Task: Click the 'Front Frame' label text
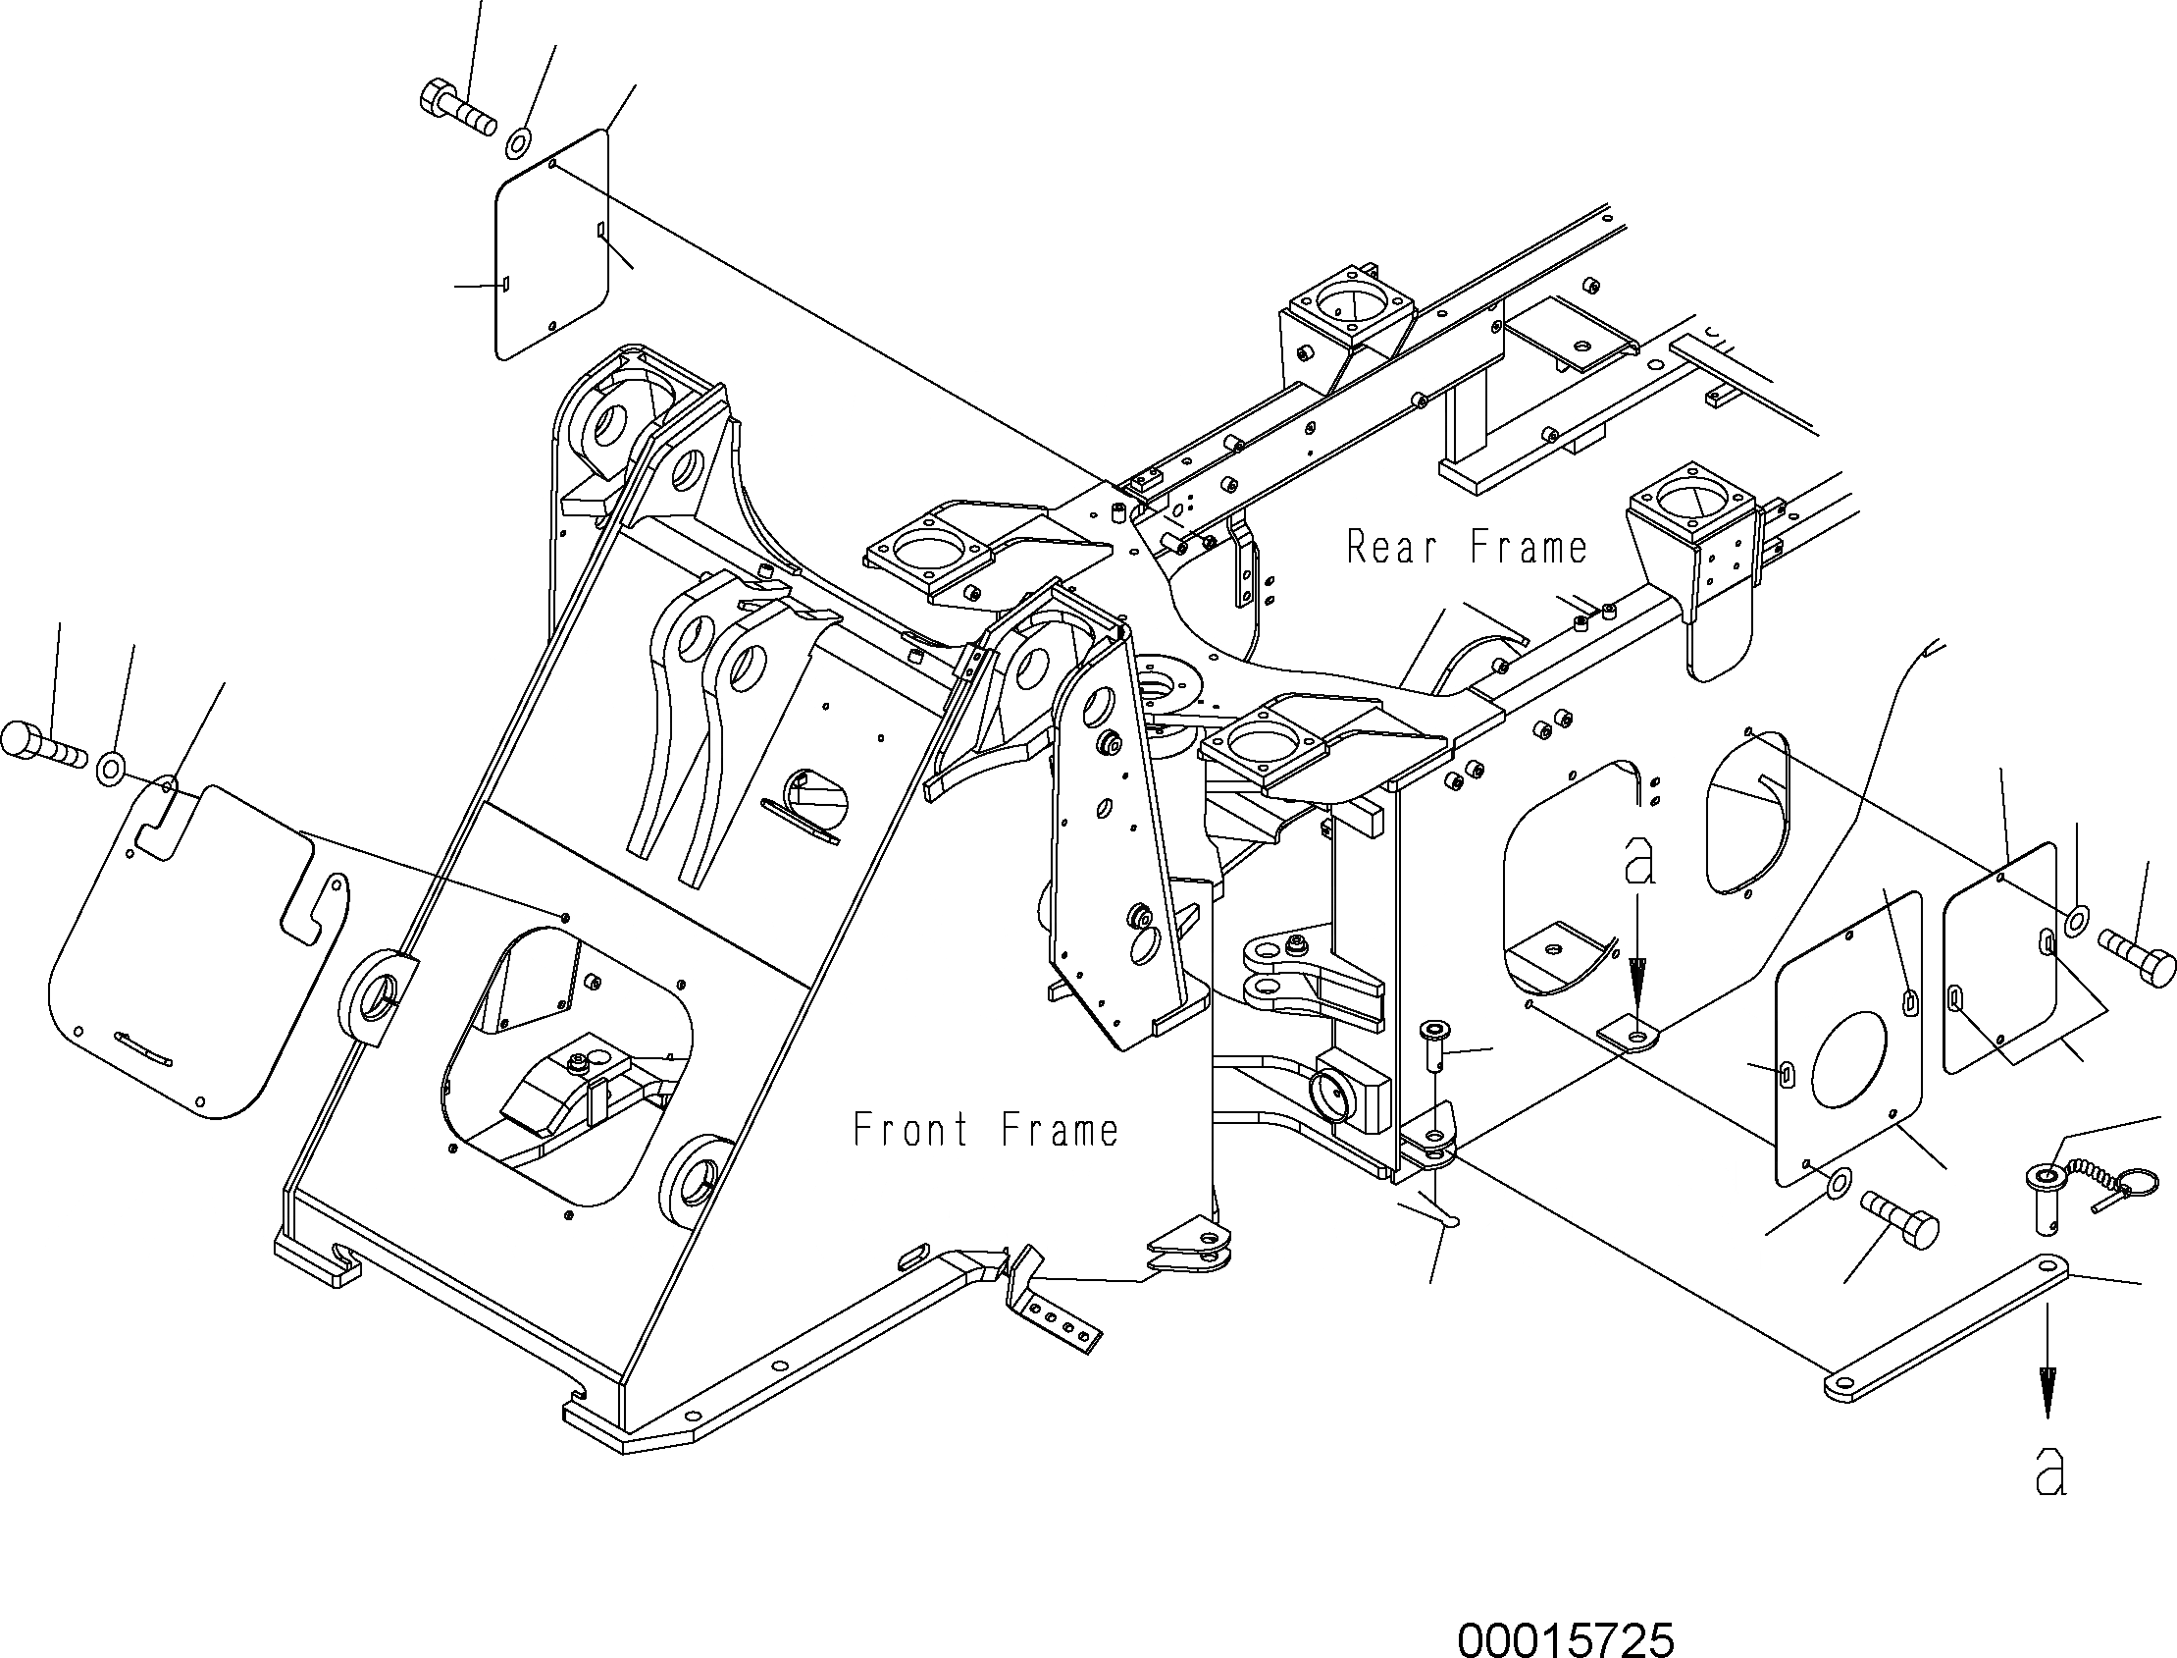click(985, 1130)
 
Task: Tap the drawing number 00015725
click(1566, 1638)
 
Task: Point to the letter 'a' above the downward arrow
click(1639, 862)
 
